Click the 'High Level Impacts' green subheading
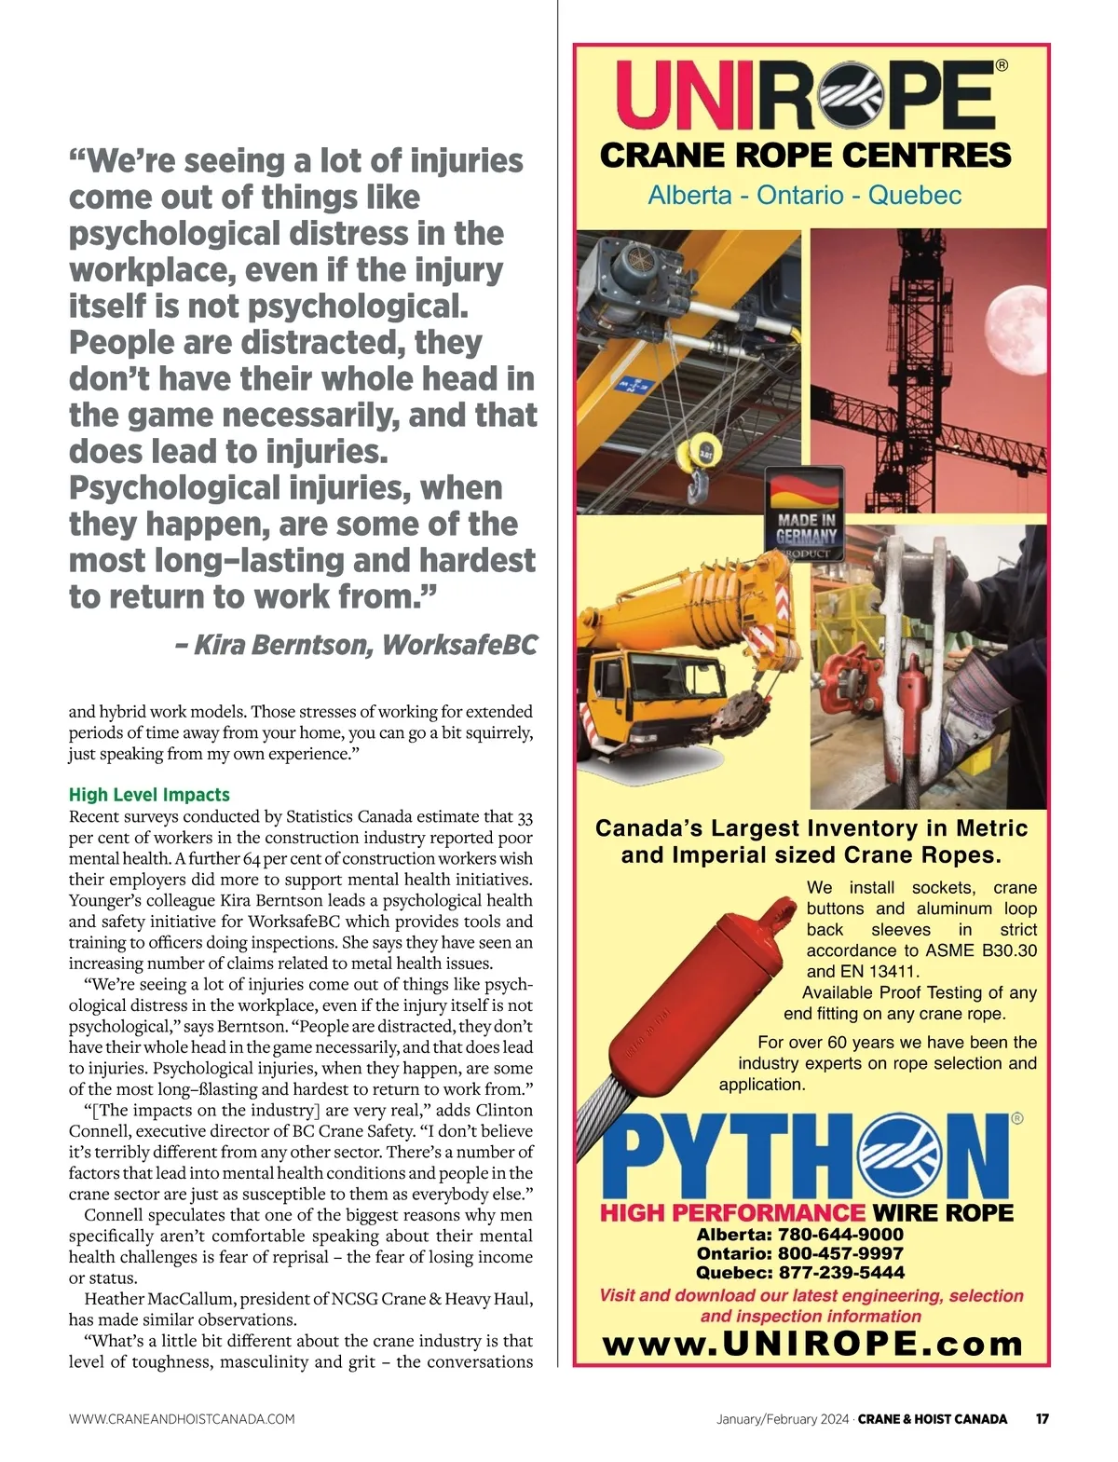149,795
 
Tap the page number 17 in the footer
1043,1419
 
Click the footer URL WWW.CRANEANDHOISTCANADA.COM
182,1419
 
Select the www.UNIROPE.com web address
812,1344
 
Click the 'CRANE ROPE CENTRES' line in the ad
805,156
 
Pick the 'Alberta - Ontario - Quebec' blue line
805,196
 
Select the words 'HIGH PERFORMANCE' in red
732,1213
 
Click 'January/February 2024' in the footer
783,1419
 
